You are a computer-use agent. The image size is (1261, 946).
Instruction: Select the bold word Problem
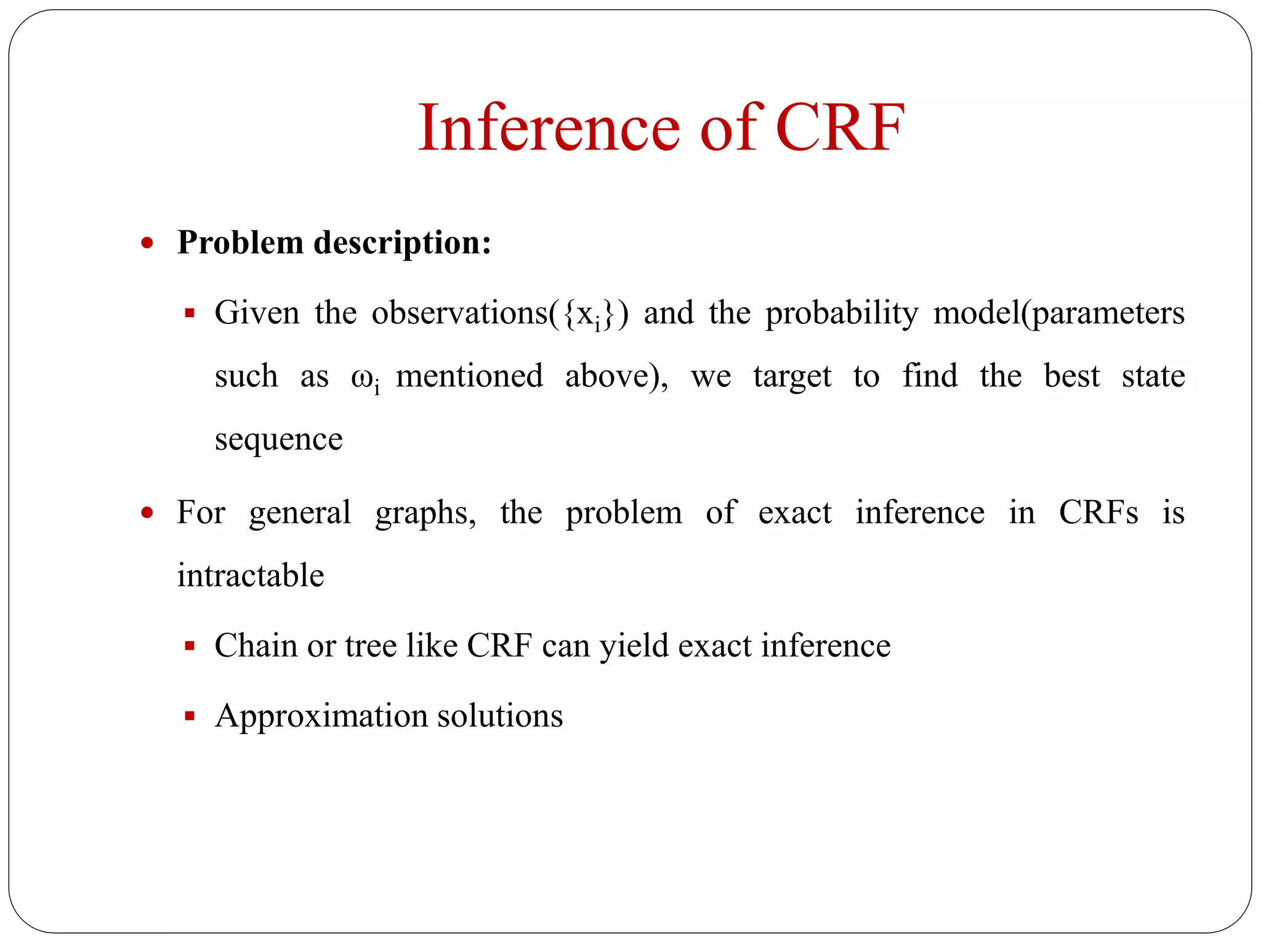point(240,243)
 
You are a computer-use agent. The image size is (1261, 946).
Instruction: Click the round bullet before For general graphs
point(147,512)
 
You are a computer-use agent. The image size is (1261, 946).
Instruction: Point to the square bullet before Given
point(190,313)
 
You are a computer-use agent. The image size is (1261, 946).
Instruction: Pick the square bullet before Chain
point(190,647)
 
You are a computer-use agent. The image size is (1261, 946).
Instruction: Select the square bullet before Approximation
point(190,716)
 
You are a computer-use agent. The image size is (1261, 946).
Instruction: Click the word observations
point(459,313)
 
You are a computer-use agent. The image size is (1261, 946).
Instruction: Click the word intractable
point(251,576)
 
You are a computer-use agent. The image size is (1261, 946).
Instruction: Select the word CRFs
point(1098,512)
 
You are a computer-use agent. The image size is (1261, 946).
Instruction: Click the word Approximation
point(321,716)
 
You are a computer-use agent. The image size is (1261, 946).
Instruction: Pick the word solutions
point(499,716)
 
